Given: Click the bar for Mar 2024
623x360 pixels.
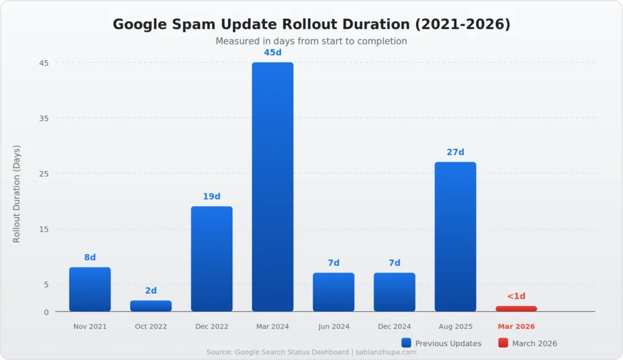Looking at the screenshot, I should pyautogui.click(x=273, y=187).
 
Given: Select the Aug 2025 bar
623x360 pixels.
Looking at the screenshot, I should pyautogui.click(x=455, y=237).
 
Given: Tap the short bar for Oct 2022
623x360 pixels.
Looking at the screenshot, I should pyautogui.click(x=151, y=306).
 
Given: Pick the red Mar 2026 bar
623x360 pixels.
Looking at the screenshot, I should pyautogui.click(x=516, y=309).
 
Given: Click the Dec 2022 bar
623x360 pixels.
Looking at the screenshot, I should pyautogui.click(x=212, y=259).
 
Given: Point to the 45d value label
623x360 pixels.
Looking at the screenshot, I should pyautogui.click(x=273, y=53).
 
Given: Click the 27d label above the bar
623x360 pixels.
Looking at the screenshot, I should pyautogui.click(x=455, y=153).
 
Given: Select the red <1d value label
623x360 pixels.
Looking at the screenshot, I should pyautogui.click(x=516, y=296).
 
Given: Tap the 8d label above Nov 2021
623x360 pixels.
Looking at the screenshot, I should pyautogui.click(x=90, y=258).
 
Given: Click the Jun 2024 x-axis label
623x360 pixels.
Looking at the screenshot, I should pyautogui.click(x=333, y=327).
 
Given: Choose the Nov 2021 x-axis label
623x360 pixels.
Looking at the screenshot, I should pyautogui.click(x=90, y=327).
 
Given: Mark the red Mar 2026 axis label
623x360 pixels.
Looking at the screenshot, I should pyautogui.click(x=516, y=327).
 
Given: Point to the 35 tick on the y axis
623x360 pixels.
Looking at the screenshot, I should pyautogui.click(x=44, y=118).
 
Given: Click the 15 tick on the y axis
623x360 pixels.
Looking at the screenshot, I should pyautogui.click(x=44, y=229).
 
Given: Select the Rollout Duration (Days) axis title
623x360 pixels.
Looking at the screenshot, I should pyautogui.click(x=17, y=194).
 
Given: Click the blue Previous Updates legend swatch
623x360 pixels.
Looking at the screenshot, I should pyautogui.click(x=406, y=343).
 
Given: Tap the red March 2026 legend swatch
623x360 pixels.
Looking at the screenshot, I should pyautogui.click(x=503, y=343).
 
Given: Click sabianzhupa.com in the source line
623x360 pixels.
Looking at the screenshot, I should pyautogui.click(x=385, y=352).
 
